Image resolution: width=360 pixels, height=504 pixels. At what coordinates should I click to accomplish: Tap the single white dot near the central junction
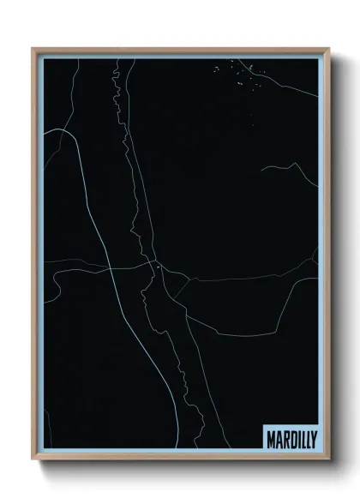(x=159, y=269)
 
